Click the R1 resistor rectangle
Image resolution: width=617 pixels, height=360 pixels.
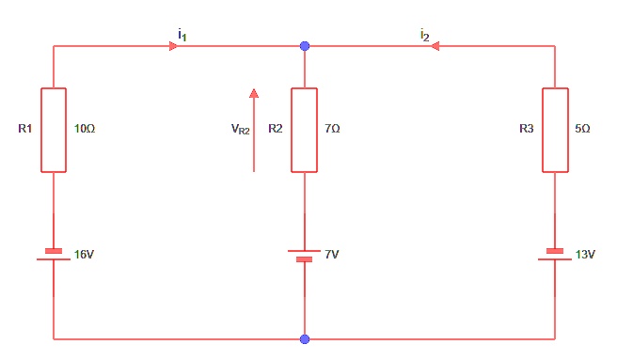coord(54,130)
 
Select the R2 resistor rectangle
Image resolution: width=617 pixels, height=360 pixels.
coord(304,130)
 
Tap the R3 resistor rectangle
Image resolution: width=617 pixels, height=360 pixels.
coord(555,130)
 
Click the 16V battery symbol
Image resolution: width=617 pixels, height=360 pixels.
coord(54,255)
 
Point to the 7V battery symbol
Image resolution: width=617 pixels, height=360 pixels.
coord(304,255)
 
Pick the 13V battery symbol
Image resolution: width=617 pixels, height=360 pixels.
coord(555,255)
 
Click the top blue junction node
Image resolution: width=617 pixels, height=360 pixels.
coord(304,45)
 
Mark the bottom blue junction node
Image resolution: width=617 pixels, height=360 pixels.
coord(304,338)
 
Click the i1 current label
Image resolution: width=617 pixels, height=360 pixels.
coord(182,34)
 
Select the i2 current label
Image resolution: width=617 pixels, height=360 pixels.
coord(425,34)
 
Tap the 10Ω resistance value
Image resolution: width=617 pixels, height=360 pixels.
coord(84,127)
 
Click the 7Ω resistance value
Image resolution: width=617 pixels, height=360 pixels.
coord(332,127)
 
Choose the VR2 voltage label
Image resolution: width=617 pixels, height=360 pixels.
coord(241,131)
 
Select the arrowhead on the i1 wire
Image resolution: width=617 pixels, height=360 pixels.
coord(175,45)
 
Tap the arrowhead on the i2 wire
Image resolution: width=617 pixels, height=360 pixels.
coord(435,45)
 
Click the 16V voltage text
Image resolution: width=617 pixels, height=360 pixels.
coord(84,255)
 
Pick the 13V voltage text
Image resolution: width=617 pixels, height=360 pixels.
coord(584,255)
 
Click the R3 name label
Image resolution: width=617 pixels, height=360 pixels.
coord(527,127)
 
